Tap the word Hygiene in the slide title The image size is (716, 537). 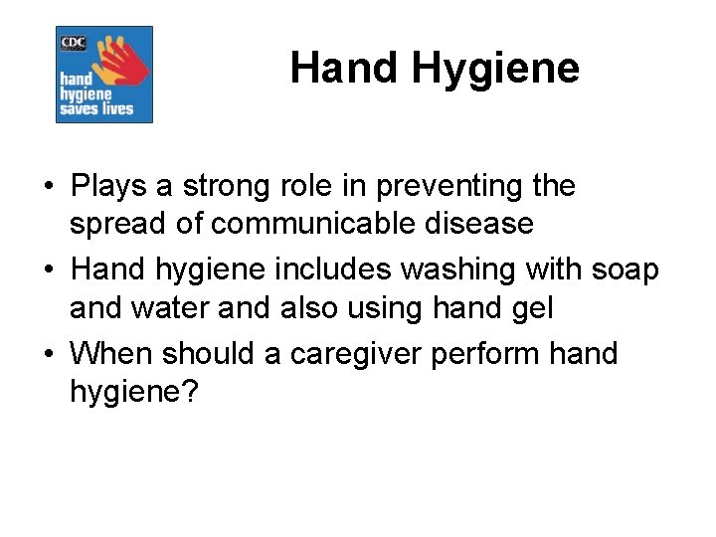click(x=494, y=70)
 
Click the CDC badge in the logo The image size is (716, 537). click(x=74, y=42)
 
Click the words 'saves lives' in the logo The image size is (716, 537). click(x=96, y=107)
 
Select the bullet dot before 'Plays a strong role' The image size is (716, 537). click(x=48, y=187)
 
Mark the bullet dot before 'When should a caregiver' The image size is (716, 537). click(x=48, y=354)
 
